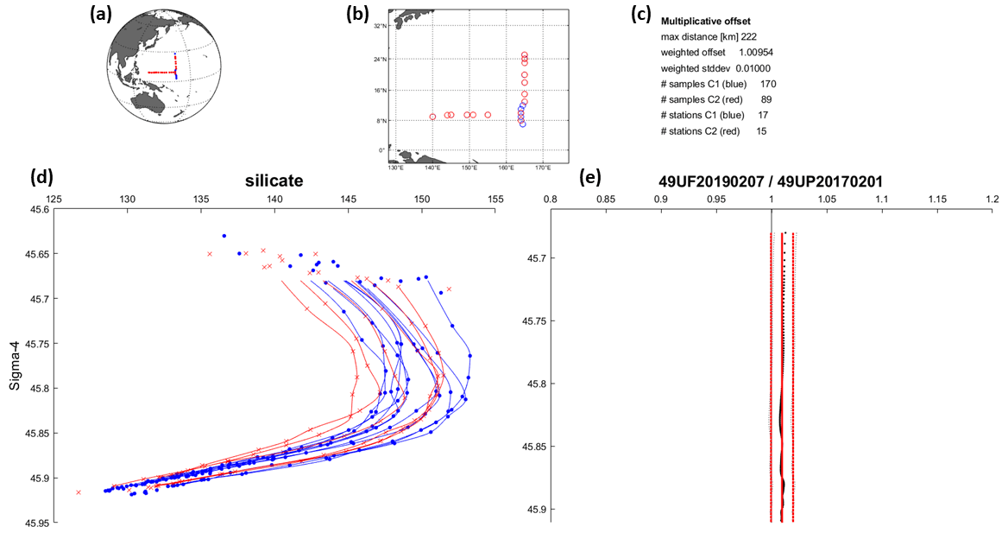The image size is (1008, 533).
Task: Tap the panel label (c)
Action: point(642,14)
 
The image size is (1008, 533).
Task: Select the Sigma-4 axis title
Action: point(15,363)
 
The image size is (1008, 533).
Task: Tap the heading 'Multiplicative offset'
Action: point(706,20)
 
